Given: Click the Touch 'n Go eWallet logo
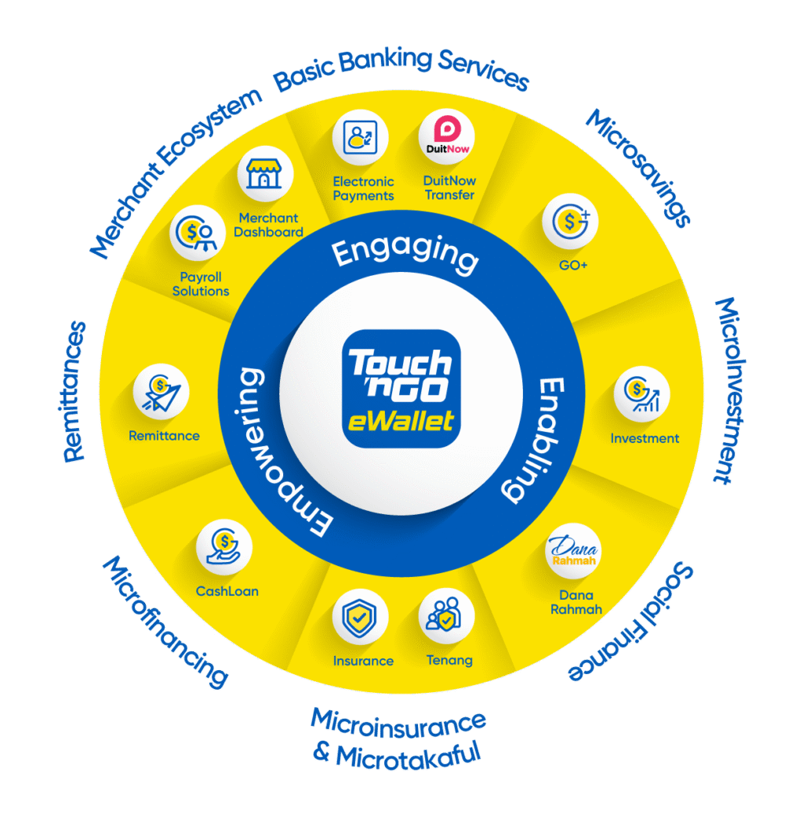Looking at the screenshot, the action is click(401, 389).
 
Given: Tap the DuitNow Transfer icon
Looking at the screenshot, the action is click(447, 137).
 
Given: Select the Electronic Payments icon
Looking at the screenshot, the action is click(360, 137).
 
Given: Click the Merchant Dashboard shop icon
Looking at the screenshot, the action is click(265, 174).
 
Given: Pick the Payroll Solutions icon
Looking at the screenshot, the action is click(198, 233).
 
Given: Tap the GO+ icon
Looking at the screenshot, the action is click(570, 222).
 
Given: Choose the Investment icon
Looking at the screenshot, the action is click(641, 393).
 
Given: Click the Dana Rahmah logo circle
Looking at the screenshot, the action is click(572, 551).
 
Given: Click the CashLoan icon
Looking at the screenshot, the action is click(224, 547).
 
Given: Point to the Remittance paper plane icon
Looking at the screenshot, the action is click(162, 392).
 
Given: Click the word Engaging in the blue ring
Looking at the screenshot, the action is click(405, 254).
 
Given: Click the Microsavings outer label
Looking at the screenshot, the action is click(638, 168).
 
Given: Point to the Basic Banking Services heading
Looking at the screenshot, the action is click(401, 69).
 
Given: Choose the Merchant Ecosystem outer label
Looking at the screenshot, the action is click(176, 173).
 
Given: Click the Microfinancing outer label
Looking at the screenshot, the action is click(165, 622).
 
